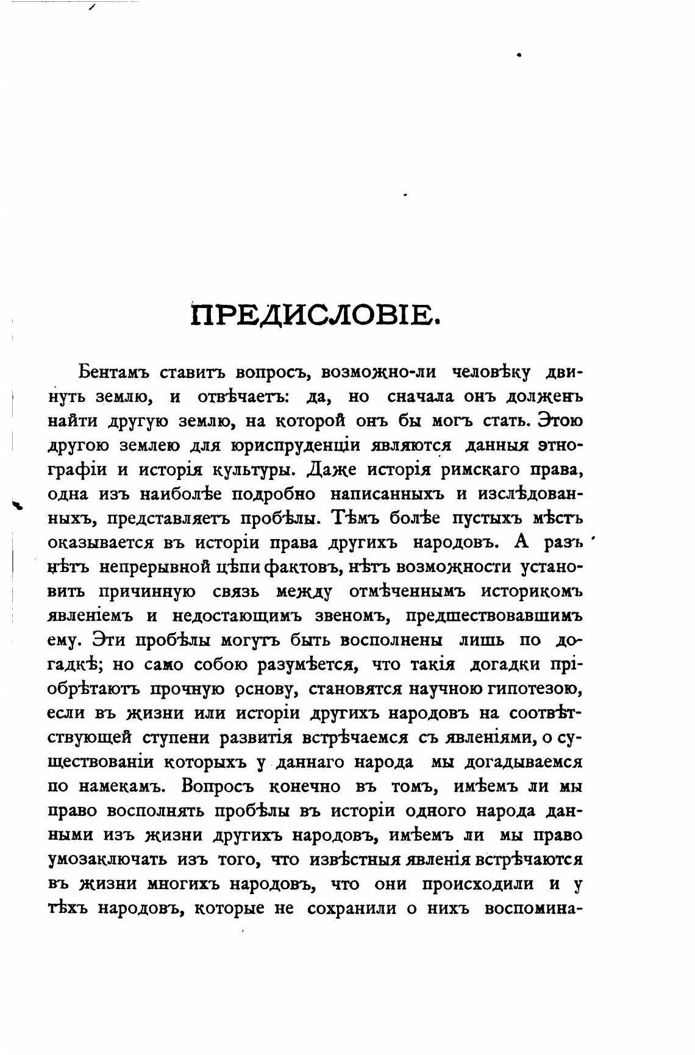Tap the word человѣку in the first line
coord(491,372)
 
